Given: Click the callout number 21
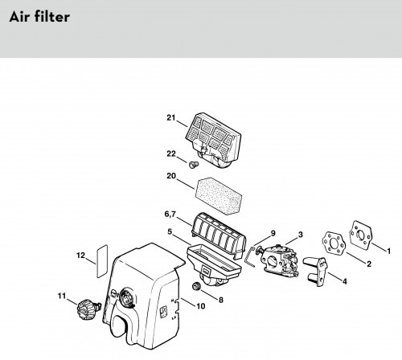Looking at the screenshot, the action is (x=171, y=117).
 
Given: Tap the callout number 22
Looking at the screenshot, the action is (x=171, y=153).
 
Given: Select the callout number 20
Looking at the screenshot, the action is (x=171, y=176).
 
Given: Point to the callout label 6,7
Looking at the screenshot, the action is (x=170, y=215).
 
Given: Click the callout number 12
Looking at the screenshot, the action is (x=80, y=256).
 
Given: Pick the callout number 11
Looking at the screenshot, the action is (x=62, y=296).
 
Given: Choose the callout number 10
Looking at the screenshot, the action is (x=201, y=306).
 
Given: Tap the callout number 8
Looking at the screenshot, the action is (x=221, y=300).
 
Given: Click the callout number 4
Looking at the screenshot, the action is (x=345, y=281).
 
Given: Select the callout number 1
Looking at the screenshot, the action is (x=388, y=251).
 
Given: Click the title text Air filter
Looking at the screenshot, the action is (x=39, y=17).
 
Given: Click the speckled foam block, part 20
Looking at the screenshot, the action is (x=219, y=196).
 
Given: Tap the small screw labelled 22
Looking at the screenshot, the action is (x=194, y=165).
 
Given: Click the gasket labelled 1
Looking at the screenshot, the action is (x=361, y=235).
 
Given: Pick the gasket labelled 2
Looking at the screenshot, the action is (x=334, y=243).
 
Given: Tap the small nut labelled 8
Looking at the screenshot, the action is (x=196, y=286).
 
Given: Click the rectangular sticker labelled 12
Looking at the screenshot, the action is (x=102, y=261).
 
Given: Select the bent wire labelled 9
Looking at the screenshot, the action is (x=250, y=258).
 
